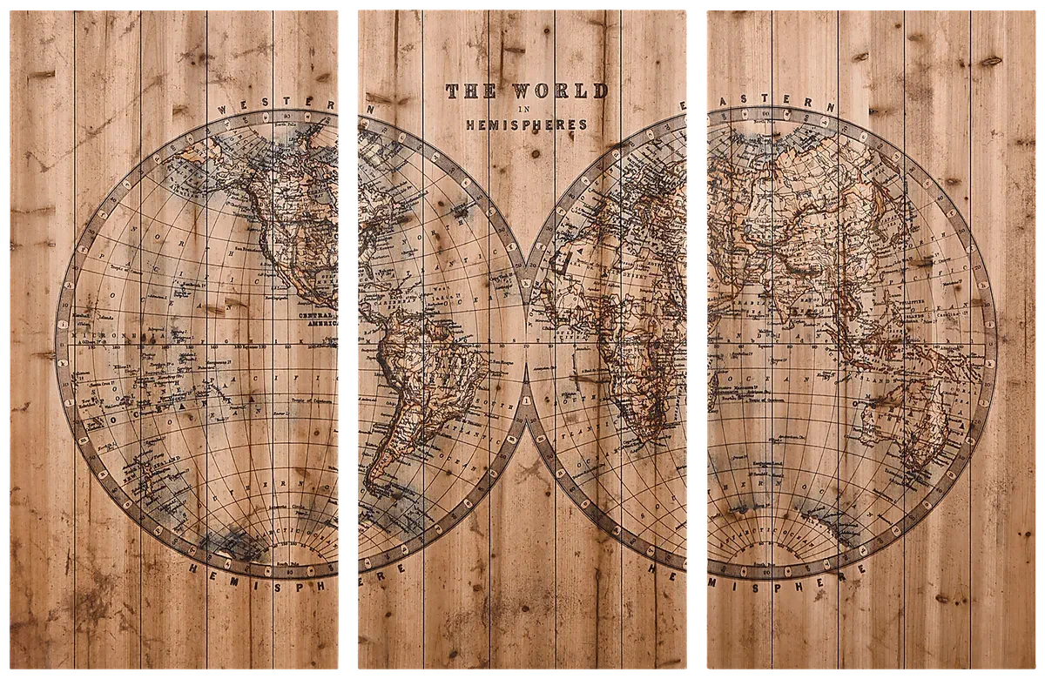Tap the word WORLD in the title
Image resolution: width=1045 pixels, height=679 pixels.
tap(560, 91)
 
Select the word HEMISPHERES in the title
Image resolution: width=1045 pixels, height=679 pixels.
tap(527, 124)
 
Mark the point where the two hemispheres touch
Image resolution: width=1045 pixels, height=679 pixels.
tap(527, 344)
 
